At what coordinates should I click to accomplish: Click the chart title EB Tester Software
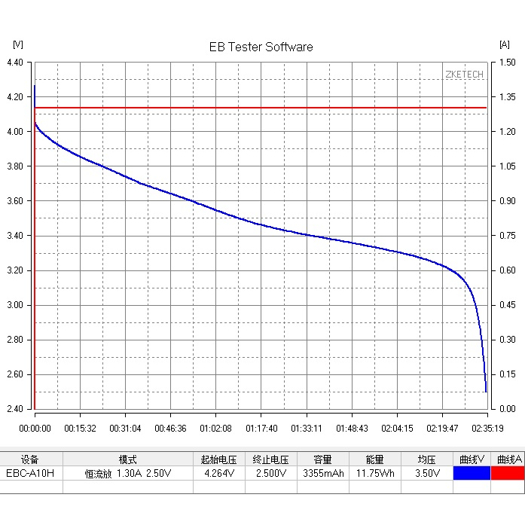pyautogui.click(x=261, y=47)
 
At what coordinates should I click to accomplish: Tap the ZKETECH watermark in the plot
pyautogui.click(x=465, y=75)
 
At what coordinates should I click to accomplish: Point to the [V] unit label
pyautogui.click(x=18, y=44)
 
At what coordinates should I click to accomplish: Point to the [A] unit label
pyautogui.click(x=505, y=44)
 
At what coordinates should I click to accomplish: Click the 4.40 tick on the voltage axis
pyautogui.click(x=15, y=63)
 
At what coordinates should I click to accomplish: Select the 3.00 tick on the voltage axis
pyautogui.click(x=15, y=305)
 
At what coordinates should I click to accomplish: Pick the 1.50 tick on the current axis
pyautogui.click(x=508, y=63)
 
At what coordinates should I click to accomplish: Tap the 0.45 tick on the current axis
pyautogui.click(x=508, y=305)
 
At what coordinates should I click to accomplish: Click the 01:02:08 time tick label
pyautogui.click(x=215, y=429)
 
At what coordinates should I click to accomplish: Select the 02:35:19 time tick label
pyautogui.click(x=487, y=429)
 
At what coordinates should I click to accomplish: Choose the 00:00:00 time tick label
pyautogui.click(x=35, y=429)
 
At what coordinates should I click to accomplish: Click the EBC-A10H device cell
pyautogui.click(x=30, y=474)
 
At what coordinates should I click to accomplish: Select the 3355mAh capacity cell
pyautogui.click(x=323, y=474)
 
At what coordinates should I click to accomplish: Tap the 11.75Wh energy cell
pyautogui.click(x=375, y=474)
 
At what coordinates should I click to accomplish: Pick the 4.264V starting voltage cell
pyautogui.click(x=219, y=474)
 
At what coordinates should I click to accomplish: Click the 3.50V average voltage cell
pyautogui.click(x=428, y=474)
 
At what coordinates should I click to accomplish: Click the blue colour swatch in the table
pyautogui.click(x=472, y=474)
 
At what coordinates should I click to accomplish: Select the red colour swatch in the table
pyautogui.click(x=508, y=474)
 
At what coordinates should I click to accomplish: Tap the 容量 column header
pyautogui.click(x=323, y=459)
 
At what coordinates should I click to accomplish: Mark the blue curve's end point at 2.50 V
pyautogui.click(x=486, y=392)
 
